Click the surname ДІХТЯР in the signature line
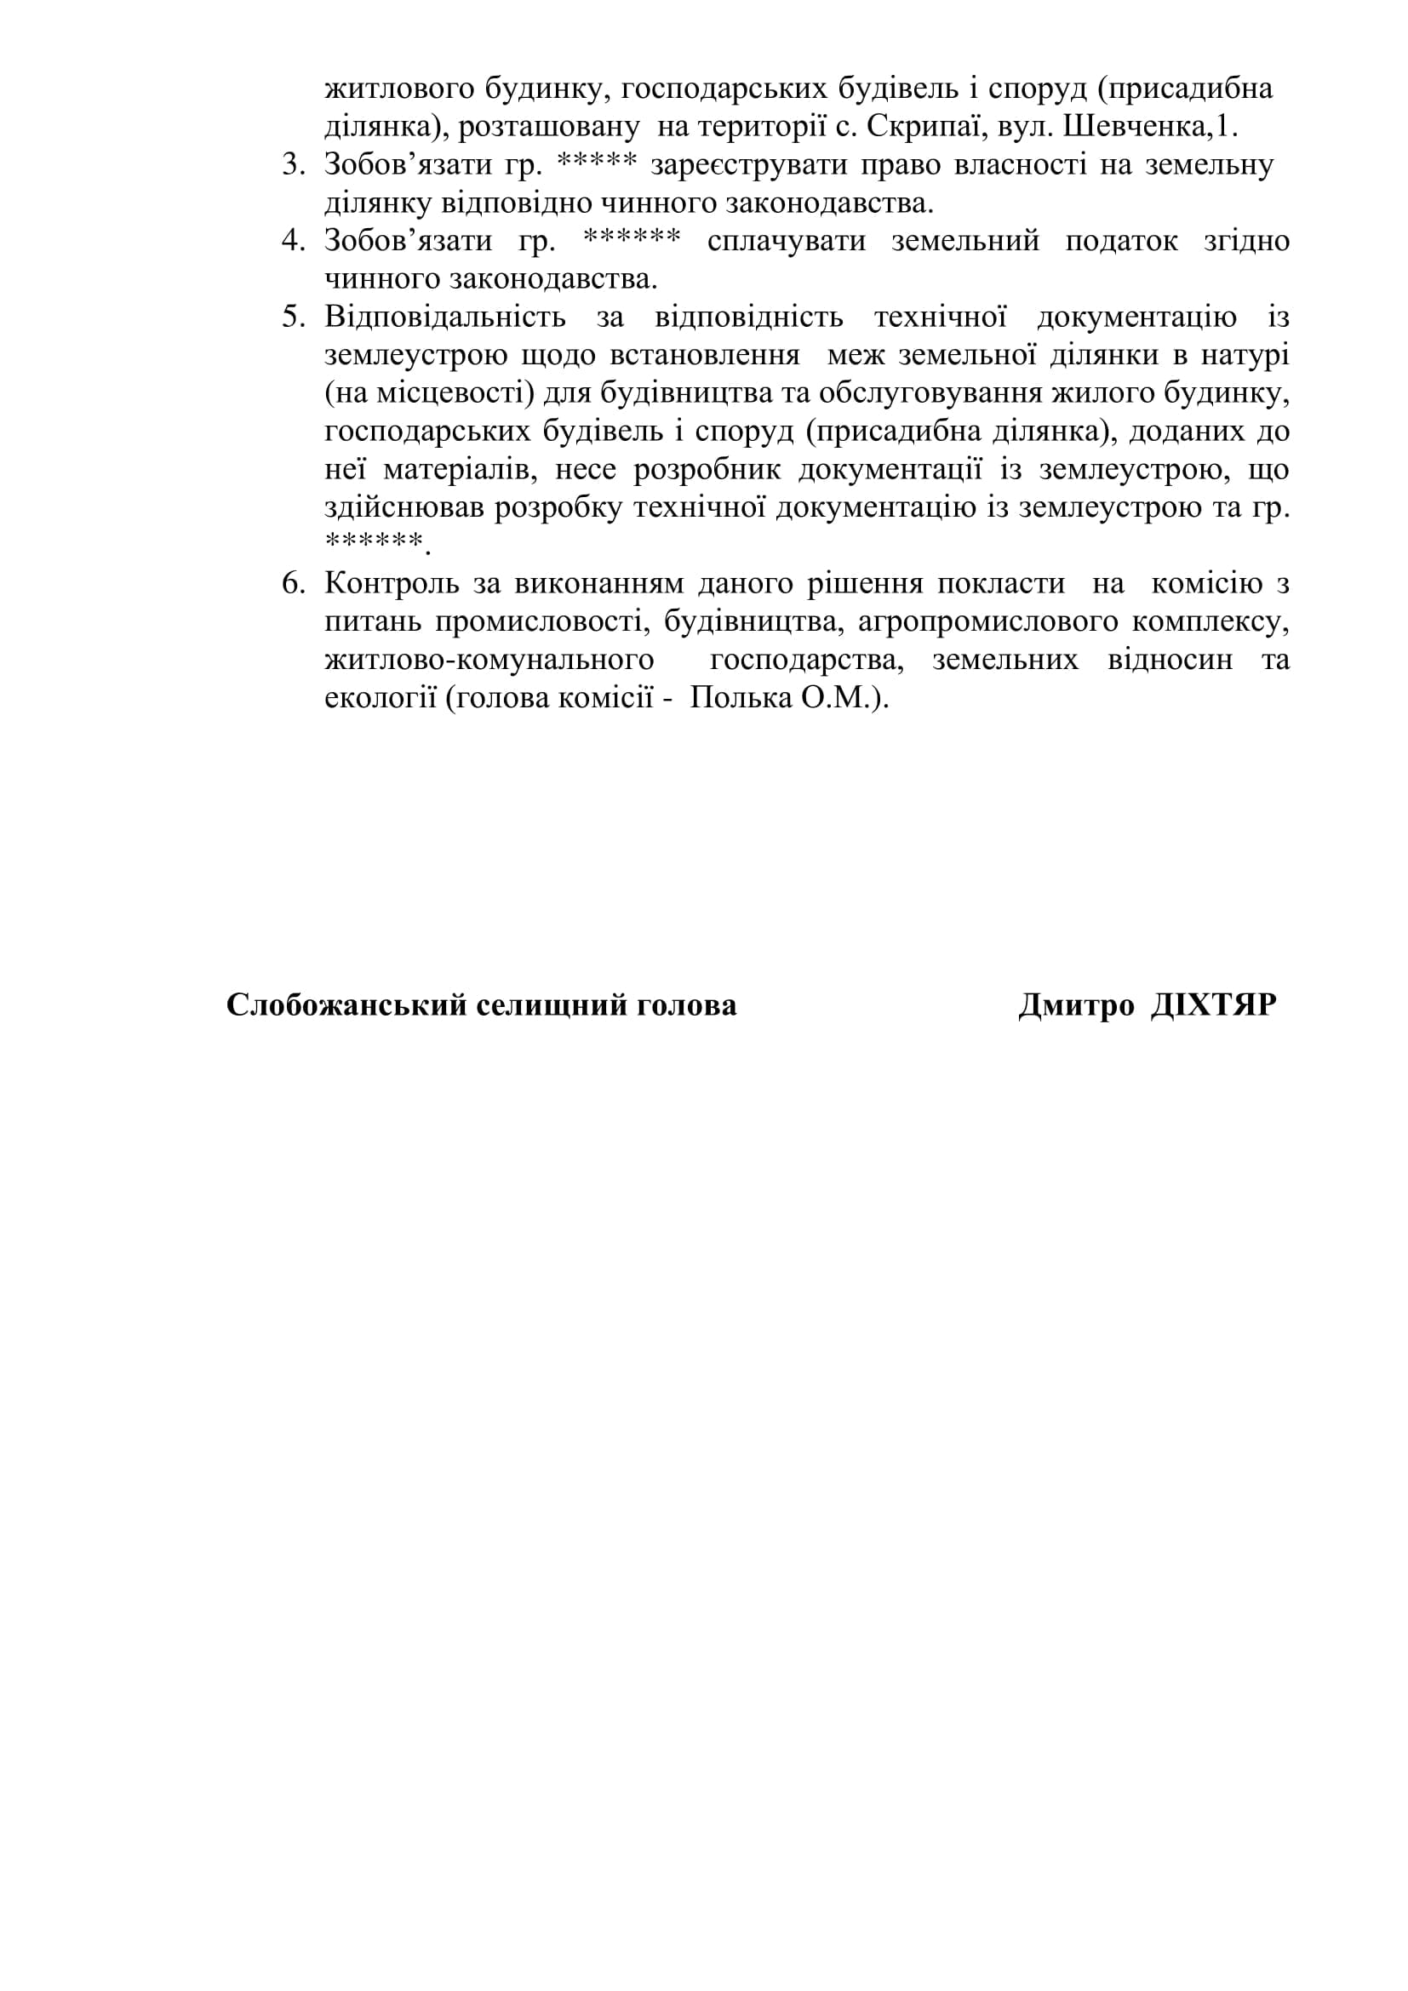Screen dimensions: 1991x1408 1213,1005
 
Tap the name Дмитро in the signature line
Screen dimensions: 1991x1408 1076,1005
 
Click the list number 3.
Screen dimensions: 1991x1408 293,165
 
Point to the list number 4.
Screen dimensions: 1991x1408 293,240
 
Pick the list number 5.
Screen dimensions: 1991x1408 293,317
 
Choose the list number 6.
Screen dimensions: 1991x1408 293,584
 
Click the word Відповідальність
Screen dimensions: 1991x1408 444,317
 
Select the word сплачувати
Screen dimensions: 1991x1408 787,240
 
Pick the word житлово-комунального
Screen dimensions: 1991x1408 489,660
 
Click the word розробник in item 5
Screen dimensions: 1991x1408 707,469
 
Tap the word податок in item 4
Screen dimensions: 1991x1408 1121,240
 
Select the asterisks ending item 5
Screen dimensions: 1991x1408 374,542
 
